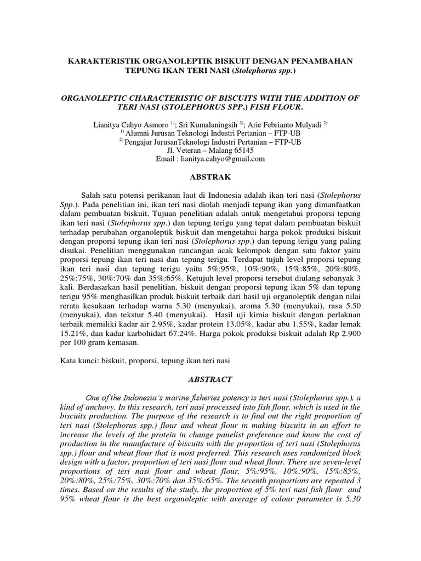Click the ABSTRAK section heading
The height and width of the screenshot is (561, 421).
click(210, 177)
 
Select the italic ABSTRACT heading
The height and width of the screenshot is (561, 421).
click(210, 379)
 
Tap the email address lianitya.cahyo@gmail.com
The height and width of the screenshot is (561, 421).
click(226, 159)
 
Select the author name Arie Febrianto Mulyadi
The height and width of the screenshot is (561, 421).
click(292, 124)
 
